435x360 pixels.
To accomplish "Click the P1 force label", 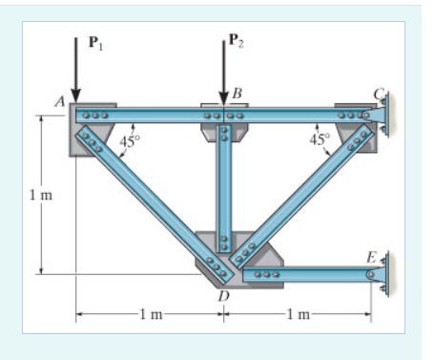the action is pos(95,43).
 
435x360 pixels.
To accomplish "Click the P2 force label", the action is pos(237,40).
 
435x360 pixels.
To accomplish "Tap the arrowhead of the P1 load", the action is pos(75,95).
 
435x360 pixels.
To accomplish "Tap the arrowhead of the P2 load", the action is pos(224,98).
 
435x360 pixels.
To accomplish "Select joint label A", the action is pos(60,101).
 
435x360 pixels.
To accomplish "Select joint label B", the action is pos(237,94).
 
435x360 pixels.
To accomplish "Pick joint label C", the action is pos(379,95).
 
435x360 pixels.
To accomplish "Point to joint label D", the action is pos(223,296).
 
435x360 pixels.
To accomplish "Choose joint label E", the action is pos(371,257).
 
